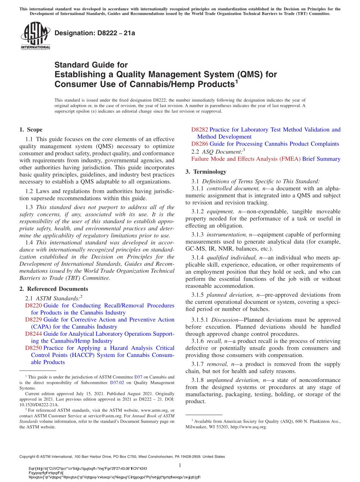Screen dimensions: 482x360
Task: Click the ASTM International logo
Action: (35, 36)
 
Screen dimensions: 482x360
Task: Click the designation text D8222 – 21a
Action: (95, 33)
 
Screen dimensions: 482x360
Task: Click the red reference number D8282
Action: (199, 130)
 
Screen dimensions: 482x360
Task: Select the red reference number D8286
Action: (199, 144)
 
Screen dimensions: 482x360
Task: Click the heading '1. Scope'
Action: (31, 130)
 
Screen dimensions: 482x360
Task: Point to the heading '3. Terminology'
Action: (206, 172)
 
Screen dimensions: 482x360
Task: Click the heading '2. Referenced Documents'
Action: (54, 289)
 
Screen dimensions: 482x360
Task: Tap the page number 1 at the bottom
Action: (180, 465)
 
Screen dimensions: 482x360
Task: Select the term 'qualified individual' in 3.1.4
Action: (230, 258)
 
